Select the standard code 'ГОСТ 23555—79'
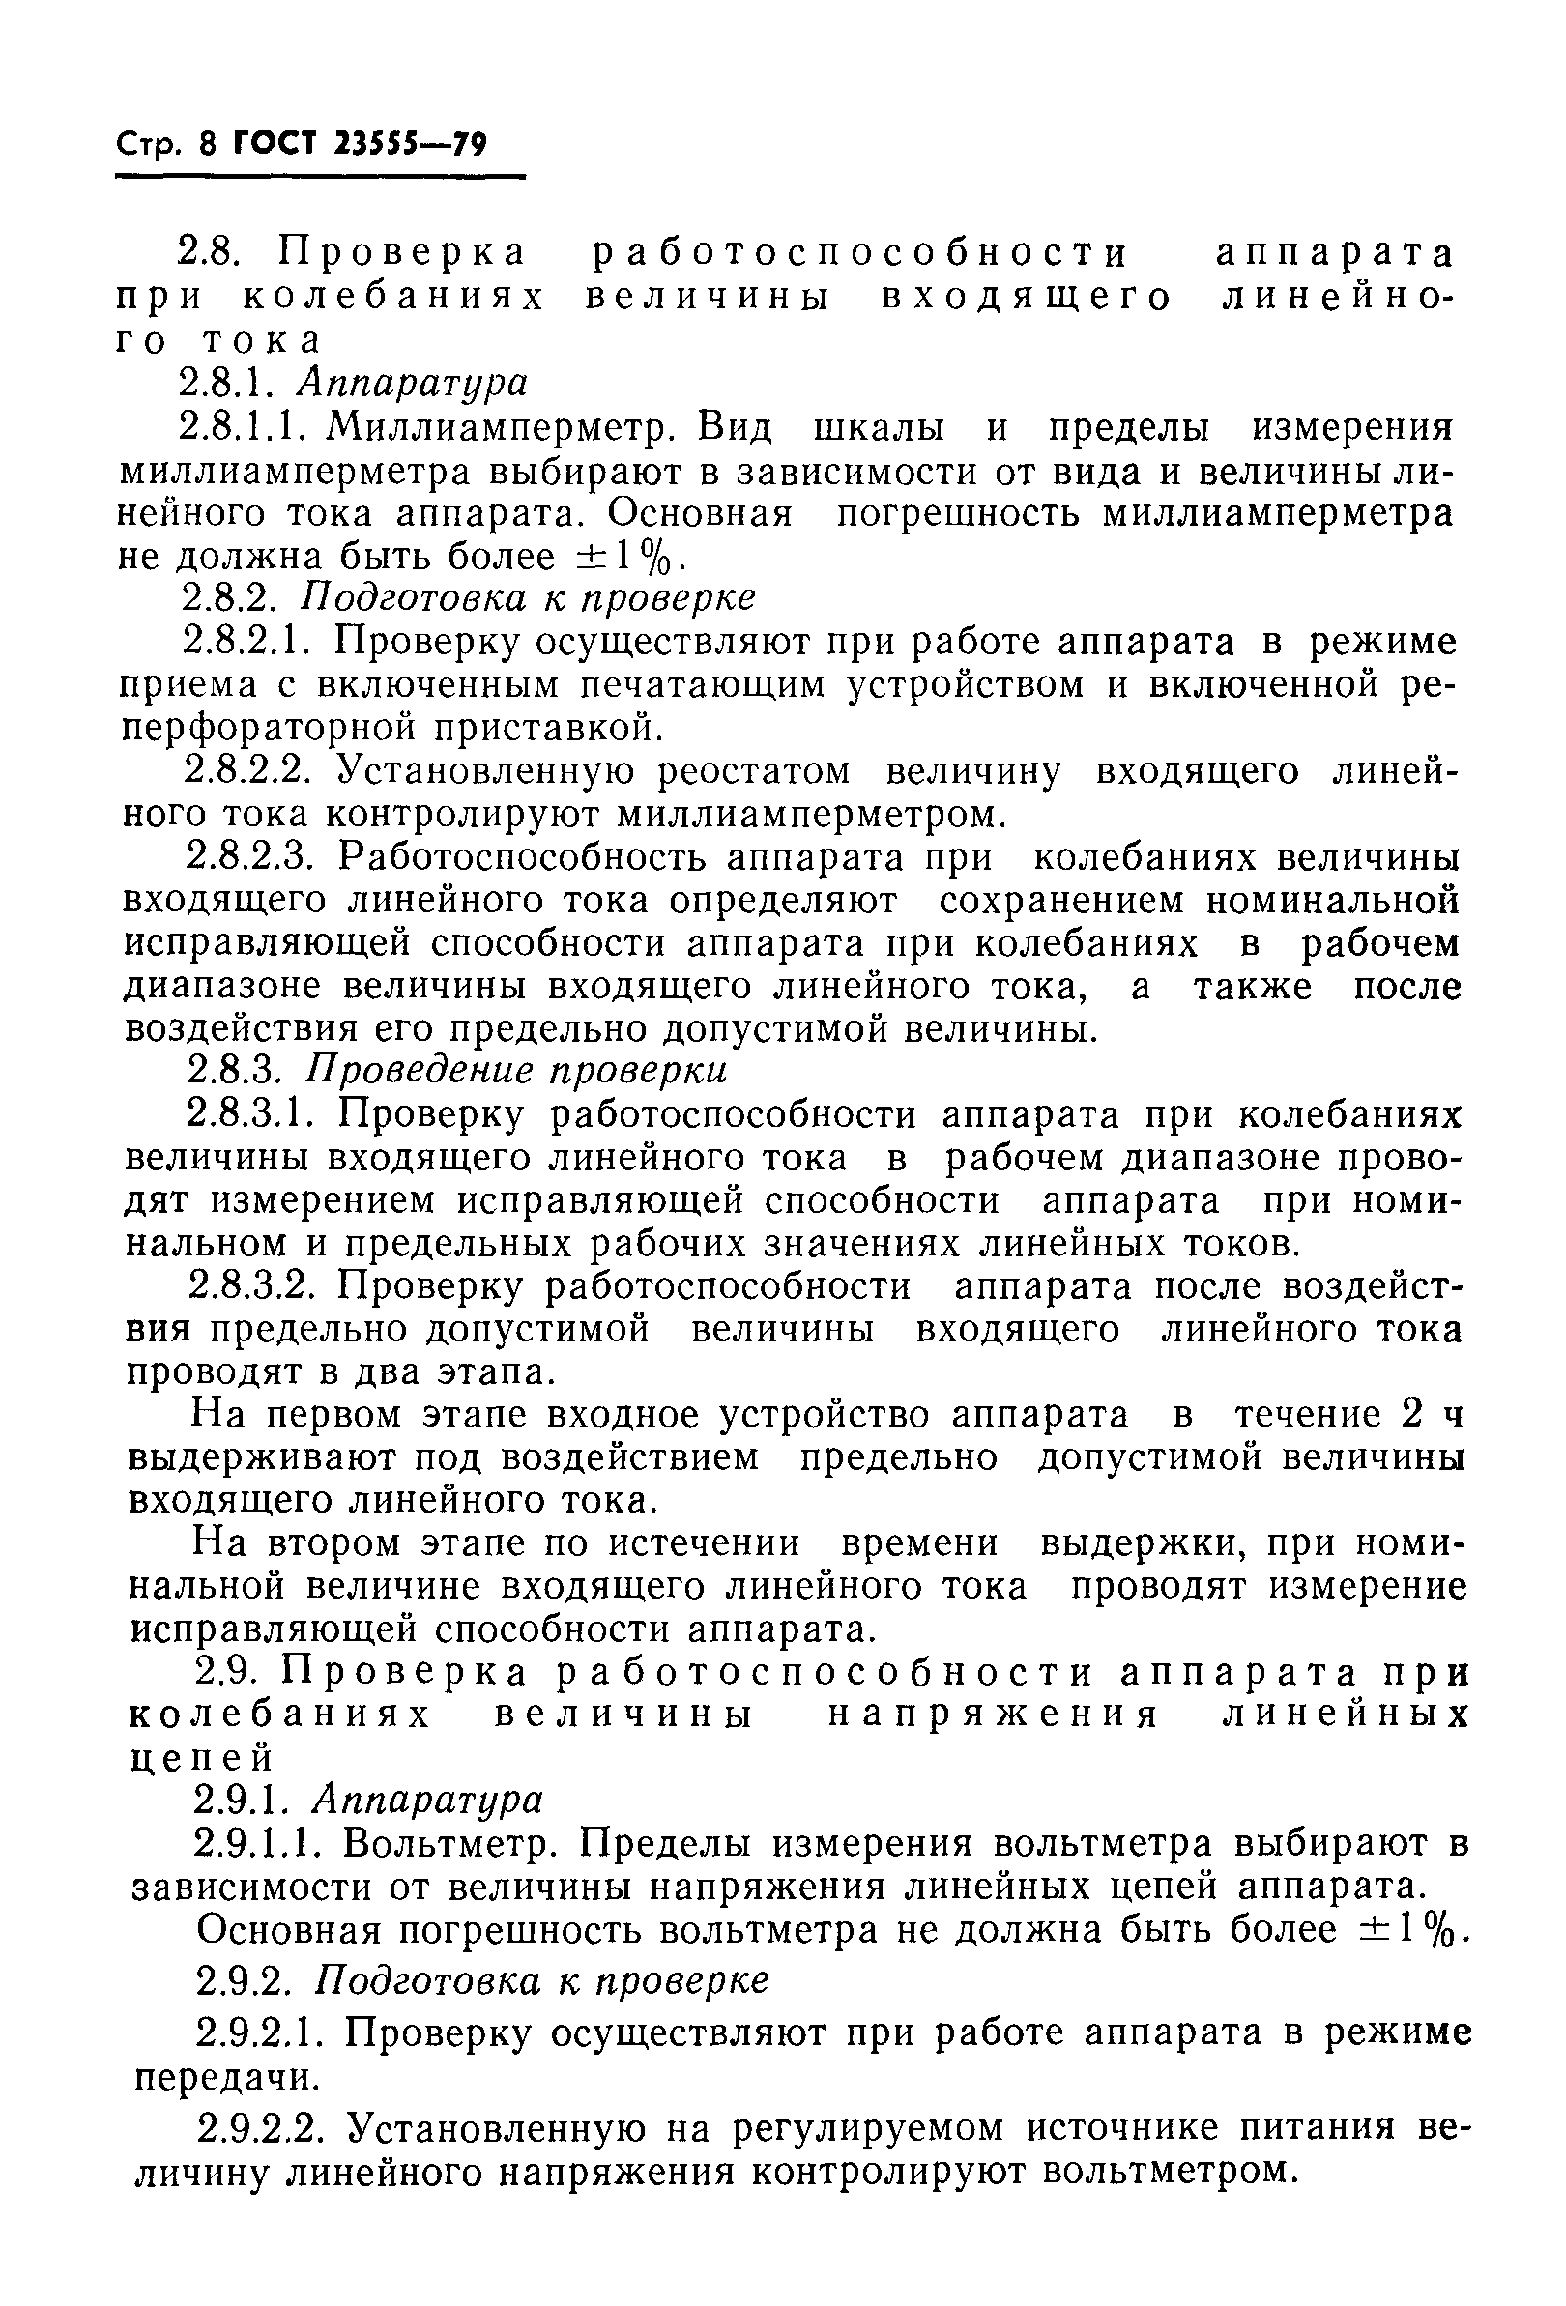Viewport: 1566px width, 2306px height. (x=361, y=146)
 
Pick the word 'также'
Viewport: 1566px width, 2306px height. (x=1252, y=987)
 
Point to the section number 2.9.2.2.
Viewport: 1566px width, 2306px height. (x=259, y=2129)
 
